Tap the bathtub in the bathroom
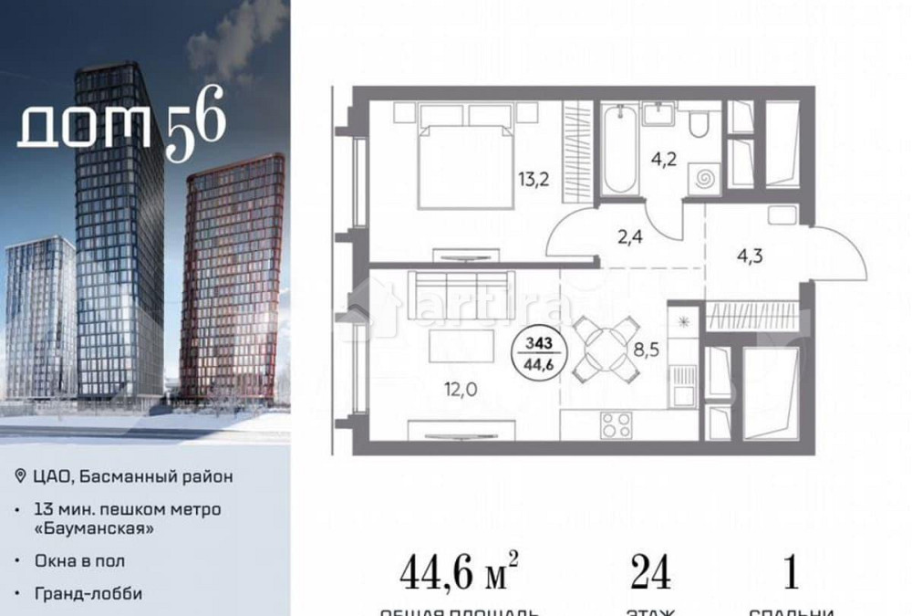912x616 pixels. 618,149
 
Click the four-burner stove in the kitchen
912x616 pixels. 617,424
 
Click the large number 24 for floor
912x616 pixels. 650,572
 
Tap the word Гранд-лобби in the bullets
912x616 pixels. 88,593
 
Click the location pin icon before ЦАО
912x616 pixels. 21,476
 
